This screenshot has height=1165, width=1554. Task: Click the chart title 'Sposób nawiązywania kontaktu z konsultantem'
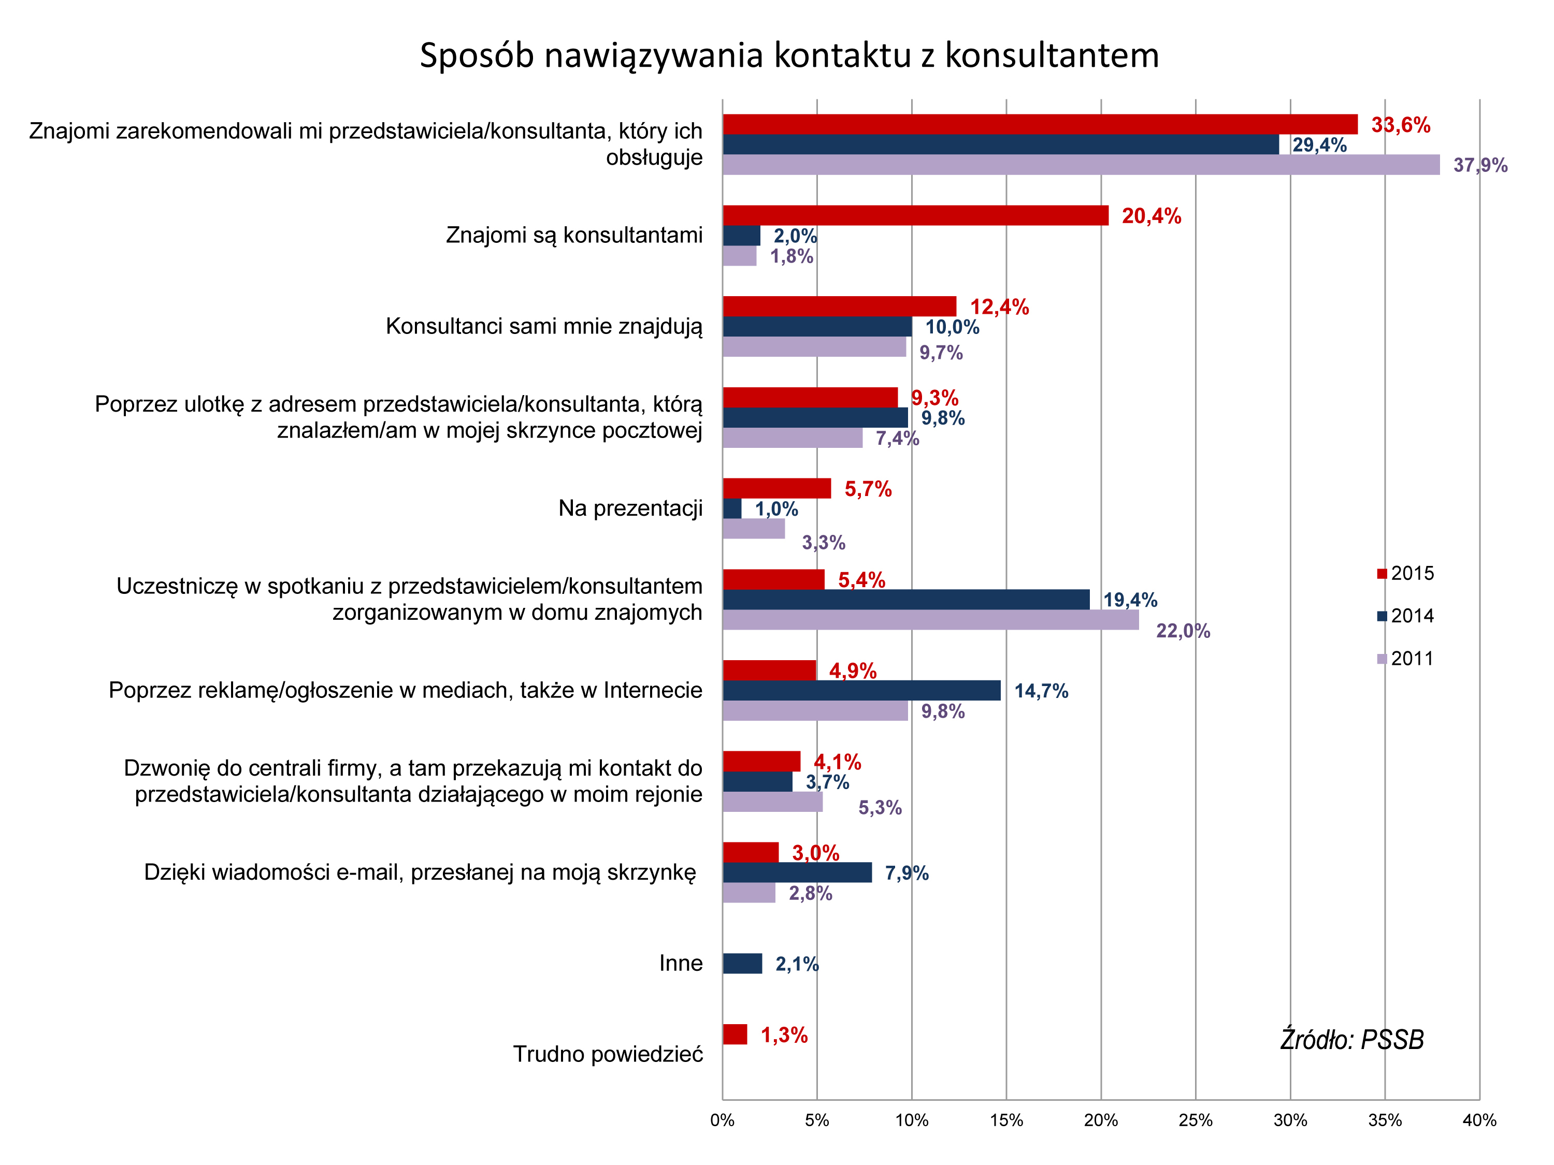click(788, 55)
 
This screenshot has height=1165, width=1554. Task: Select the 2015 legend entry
click(1405, 573)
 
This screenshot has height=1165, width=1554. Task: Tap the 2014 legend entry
click(1405, 616)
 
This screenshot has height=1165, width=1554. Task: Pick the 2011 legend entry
click(1405, 659)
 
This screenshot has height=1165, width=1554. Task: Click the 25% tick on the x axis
click(1195, 1120)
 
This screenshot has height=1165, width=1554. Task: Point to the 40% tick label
click(1479, 1120)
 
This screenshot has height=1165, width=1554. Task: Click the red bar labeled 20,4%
click(915, 215)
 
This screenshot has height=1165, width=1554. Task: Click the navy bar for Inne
click(742, 964)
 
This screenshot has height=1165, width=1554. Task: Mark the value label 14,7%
click(1041, 691)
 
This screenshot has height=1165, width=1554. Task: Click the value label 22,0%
click(1183, 631)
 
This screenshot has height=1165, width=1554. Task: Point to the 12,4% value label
click(999, 307)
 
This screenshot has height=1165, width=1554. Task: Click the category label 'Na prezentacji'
click(630, 508)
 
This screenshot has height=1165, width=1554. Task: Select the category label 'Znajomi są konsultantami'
click(574, 235)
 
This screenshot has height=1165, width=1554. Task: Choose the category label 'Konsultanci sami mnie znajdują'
click(544, 326)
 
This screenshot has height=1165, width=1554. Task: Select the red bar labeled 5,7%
click(776, 488)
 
